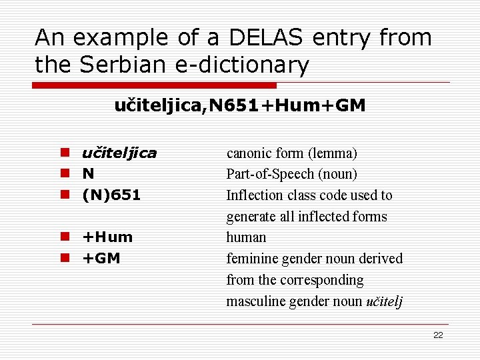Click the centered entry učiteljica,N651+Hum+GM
click(x=240, y=106)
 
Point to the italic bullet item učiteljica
click(x=119, y=153)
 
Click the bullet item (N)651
click(x=111, y=195)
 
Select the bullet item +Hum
click(x=107, y=237)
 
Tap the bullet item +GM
click(x=101, y=259)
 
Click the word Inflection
click(x=252, y=195)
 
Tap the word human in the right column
click(x=246, y=237)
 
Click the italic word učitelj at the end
click(x=385, y=301)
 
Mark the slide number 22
click(x=438, y=335)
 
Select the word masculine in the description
click(x=254, y=301)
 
